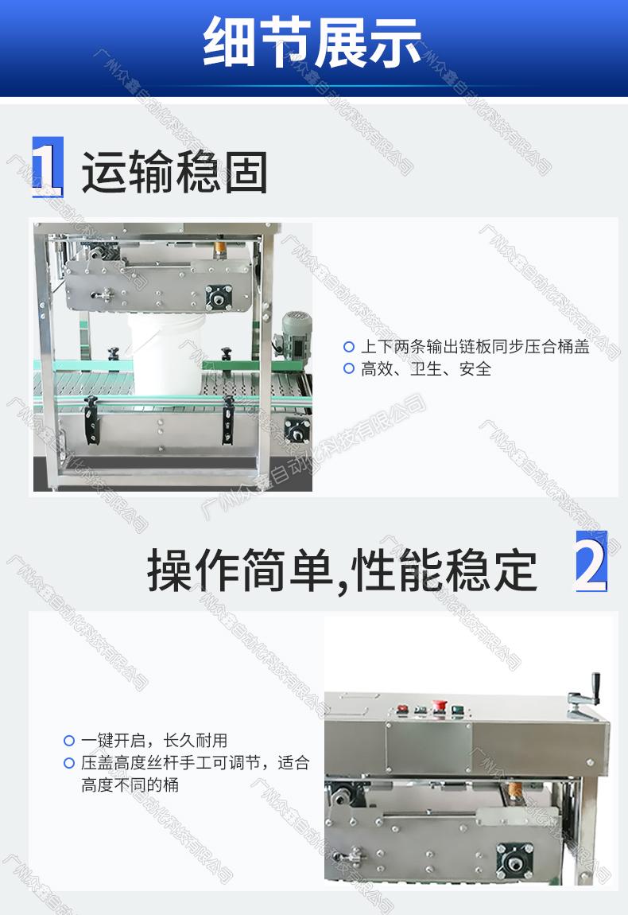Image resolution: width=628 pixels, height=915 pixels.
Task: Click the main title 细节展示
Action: coord(312,42)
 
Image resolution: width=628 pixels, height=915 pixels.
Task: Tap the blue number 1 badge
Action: coord(48,167)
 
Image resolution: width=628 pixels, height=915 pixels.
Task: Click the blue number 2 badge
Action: coord(591,562)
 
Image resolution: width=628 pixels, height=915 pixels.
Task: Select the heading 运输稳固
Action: coord(174,172)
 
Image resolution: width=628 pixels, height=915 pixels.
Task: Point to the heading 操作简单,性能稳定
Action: coord(342,570)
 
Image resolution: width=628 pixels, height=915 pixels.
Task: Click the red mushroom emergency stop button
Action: coord(439,707)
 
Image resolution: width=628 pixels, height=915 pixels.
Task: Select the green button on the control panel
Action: coord(458,711)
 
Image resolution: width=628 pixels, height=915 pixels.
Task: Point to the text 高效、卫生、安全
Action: coord(426,369)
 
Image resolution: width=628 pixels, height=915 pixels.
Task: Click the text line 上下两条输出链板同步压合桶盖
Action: coord(475,347)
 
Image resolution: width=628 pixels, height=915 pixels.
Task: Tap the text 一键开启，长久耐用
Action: coord(154,741)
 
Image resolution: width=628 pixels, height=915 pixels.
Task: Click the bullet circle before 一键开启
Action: coord(69,741)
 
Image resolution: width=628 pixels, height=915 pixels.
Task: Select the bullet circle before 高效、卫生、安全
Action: coord(349,369)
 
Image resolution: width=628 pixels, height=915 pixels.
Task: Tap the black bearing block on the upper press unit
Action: coord(219,297)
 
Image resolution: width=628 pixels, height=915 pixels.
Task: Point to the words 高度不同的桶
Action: coord(130,785)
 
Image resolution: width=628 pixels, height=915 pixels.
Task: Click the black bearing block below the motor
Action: coord(297,430)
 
